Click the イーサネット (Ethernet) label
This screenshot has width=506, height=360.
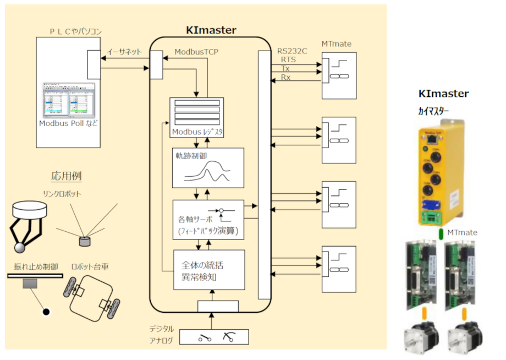(124, 52)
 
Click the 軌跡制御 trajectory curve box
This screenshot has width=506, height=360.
(208, 167)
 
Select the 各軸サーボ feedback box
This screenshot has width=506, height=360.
(208, 220)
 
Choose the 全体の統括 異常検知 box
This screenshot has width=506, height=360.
(208, 270)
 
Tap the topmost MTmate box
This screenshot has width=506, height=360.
(339, 75)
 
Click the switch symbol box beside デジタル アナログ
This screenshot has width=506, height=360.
(214, 337)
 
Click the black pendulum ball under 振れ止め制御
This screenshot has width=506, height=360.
(46, 312)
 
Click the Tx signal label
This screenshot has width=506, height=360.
(285, 68)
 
